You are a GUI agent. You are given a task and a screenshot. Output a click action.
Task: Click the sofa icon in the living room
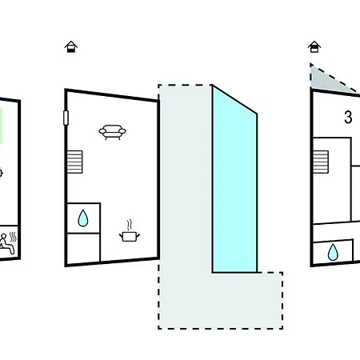tap(112, 132)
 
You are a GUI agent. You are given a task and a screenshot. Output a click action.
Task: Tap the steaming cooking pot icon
tap(130, 231)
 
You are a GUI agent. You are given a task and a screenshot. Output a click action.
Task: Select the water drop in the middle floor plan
tap(83, 218)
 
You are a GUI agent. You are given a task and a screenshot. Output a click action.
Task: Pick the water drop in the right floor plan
tap(333, 252)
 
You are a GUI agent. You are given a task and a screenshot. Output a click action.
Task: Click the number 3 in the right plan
tap(348, 117)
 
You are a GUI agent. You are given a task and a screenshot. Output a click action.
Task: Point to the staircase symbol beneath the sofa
tap(74, 162)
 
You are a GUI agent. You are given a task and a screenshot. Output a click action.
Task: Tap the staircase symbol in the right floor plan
tap(321, 162)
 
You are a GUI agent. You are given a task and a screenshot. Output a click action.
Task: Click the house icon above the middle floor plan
tap(71, 46)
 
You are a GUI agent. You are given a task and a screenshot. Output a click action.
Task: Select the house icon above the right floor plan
tap(314, 46)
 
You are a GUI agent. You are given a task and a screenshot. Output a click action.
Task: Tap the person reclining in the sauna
tap(6, 244)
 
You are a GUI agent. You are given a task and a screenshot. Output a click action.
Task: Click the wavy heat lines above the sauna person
tap(13, 237)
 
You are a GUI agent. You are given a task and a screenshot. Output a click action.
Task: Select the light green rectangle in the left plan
tap(1, 126)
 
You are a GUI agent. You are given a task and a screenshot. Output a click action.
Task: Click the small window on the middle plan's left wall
tap(66, 118)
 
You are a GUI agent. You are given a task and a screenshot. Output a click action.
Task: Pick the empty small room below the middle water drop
tap(83, 248)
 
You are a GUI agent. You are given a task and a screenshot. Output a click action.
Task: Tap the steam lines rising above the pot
tap(130, 225)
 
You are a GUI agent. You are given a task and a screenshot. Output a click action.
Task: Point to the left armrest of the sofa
tap(102, 131)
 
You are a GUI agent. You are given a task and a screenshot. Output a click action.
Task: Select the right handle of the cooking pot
tap(138, 235)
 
